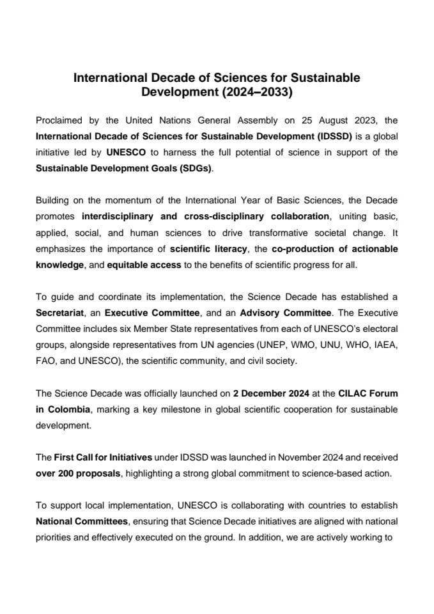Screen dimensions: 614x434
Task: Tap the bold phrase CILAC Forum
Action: tap(369, 392)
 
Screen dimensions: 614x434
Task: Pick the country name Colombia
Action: tap(68, 409)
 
